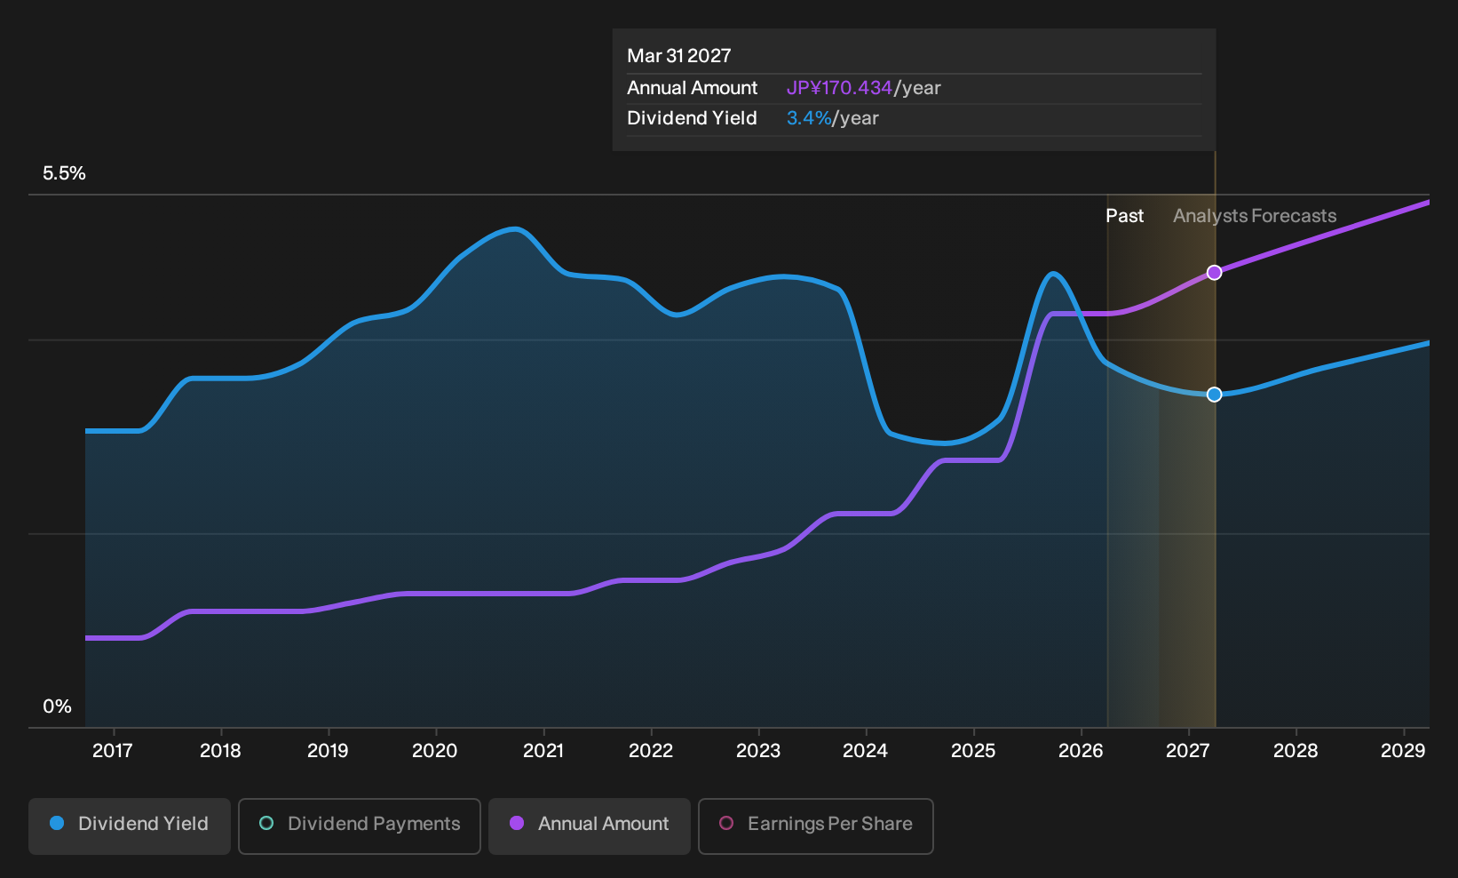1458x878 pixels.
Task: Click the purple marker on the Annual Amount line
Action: pyautogui.click(x=1214, y=272)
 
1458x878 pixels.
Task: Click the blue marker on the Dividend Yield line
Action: pyautogui.click(x=1214, y=394)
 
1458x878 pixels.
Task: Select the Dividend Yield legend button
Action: pyautogui.click(x=130, y=826)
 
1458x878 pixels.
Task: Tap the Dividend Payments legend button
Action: pyautogui.click(x=360, y=826)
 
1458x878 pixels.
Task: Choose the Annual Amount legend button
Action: pyautogui.click(x=589, y=826)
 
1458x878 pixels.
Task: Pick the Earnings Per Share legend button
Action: pyautogui.click(x=815, y=826)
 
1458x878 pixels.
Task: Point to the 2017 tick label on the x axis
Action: pyautogui.click(x=113, y=751)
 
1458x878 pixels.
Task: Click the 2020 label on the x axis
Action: pyautogui.click(x=435, y=751)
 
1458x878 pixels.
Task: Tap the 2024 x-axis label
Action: pyautogui.click(x=865, y=751)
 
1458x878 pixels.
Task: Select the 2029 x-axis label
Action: pyautogui.click(x=1403, y=751)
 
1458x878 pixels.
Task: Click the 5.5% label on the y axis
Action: pyautogui.click(x=64, y=173)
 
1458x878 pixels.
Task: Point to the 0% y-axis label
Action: pyautogui.click(x=58, y=706)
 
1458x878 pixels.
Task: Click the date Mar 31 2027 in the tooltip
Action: pyautogui.click(x=679, y=56)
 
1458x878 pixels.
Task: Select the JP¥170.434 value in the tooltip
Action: pyautogui.click(x=839, y=88)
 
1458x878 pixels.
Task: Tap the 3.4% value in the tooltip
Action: pyautogui.click(x=809, y=118)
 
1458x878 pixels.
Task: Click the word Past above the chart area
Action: pyautogui.click(x=1125, y=216)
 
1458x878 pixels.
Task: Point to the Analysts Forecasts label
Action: pyautogui.click(x=1255, y=216)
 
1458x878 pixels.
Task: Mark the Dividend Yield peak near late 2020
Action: pyautogui.click(x=515, y=228)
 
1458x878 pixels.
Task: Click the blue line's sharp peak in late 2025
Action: pyautogui.click(x=1053, y=274)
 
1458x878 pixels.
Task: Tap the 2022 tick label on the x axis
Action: pyautogui.click(x=650, y=751)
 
